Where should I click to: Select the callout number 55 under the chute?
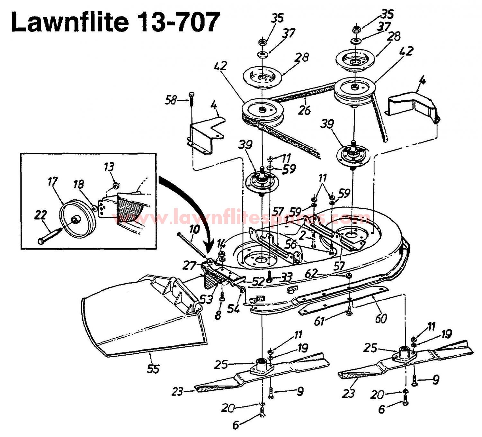click(153, 369)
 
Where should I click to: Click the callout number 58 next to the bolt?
click(171, 100)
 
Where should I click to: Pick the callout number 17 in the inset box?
click(52, 182)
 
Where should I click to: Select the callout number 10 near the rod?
click(194, 229)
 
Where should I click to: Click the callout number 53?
click(206, 299)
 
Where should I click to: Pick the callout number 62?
click(311, 274)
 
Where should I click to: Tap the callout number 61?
click(319, 321)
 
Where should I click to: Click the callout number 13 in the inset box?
click(109, 167)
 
